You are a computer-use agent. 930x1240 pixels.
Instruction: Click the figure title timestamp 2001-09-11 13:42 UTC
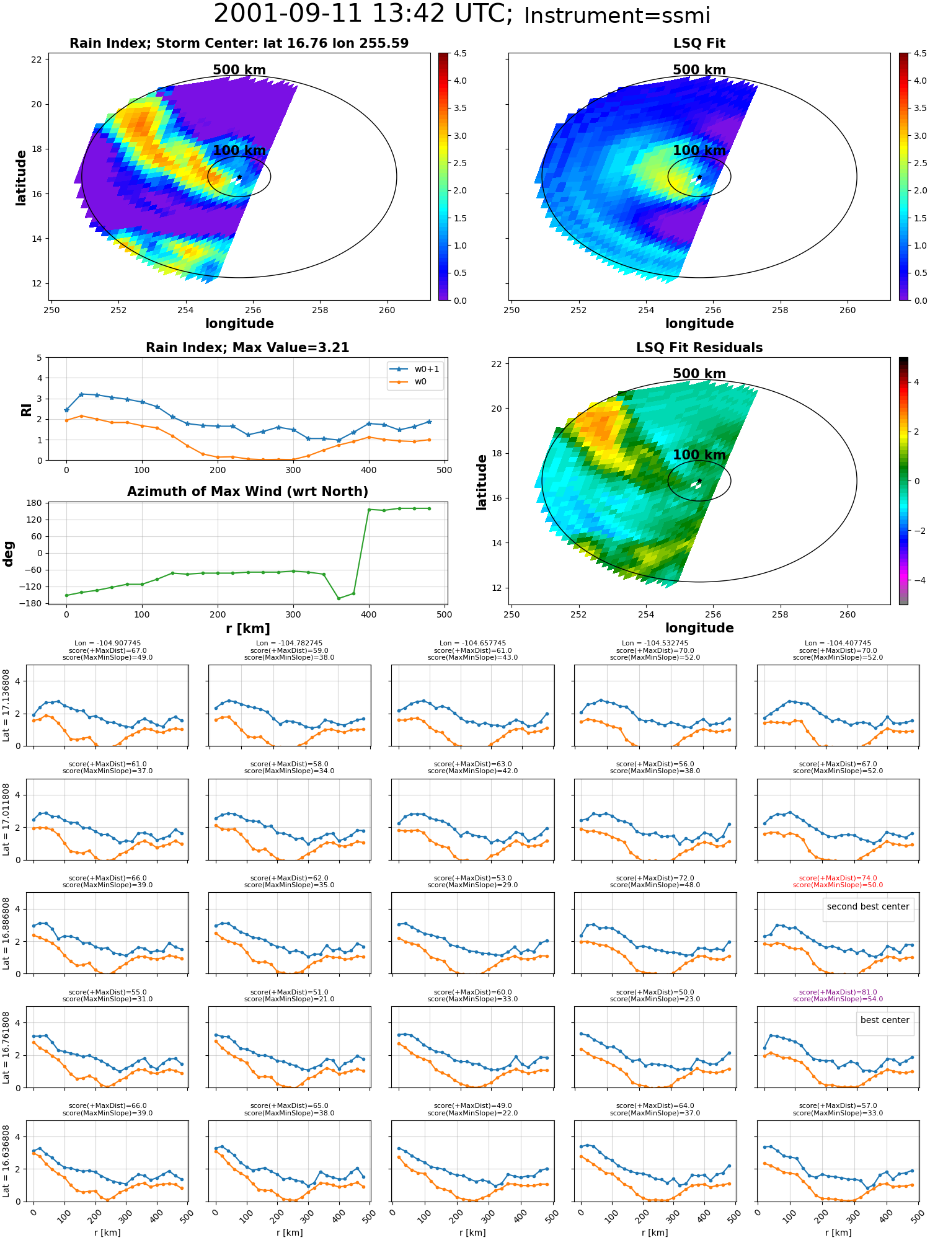click(363, 14)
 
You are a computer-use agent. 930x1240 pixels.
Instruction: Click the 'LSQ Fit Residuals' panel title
click(699, 348)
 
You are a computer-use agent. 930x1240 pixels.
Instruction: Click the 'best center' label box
click(885, 1020)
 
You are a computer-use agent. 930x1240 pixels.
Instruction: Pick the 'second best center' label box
click(868, 906)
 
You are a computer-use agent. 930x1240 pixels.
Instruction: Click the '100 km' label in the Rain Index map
click(239, 151)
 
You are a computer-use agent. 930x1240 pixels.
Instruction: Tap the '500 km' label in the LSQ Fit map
click(699, 70)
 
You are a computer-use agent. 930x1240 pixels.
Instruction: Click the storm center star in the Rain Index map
click(239, 177)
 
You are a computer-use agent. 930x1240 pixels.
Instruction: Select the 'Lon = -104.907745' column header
click(107, 643)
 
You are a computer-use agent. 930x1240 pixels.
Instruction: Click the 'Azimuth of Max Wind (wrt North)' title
click(247, 492)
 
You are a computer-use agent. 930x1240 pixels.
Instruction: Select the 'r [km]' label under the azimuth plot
click(247, 629)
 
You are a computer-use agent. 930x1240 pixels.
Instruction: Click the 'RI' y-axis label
click(26, 409)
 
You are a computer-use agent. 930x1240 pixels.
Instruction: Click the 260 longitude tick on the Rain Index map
click(387, 310)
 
